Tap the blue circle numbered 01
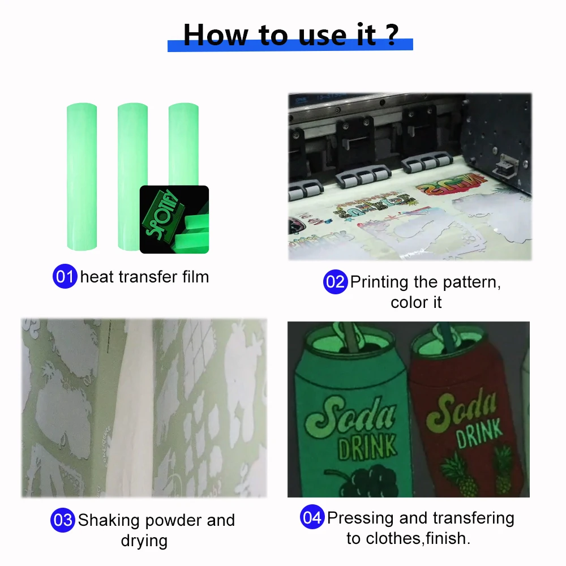tap(65, 277)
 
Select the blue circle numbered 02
tap(335, 282)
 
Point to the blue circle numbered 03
tap(63, 520)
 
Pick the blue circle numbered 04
tap(312, 518)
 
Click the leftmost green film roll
tap(82, 175)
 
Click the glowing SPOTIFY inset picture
tap(174, 220)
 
